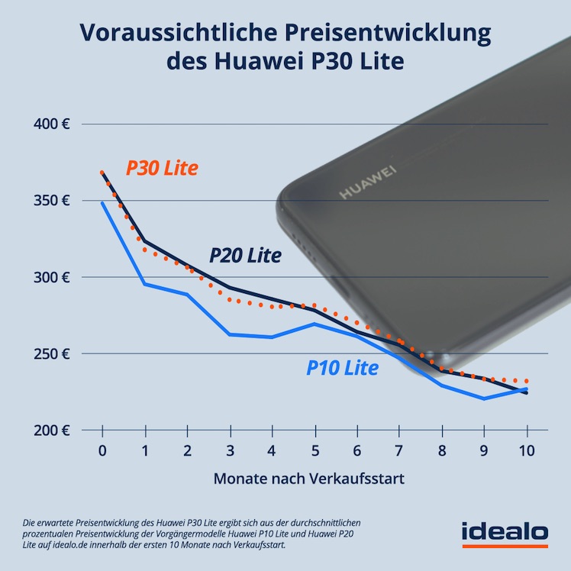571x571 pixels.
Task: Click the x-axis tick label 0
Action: coord(102,450)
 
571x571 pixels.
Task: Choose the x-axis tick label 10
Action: coord(526,450)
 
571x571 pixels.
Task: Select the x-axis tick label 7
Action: coord(399,450)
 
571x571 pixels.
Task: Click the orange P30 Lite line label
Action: coord(162,168)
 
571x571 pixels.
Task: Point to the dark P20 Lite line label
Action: coord(245,255)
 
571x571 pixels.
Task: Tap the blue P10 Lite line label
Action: coord(342,368)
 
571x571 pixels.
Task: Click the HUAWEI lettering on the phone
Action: coord(369,182)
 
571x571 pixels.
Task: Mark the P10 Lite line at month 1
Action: coord(145,284)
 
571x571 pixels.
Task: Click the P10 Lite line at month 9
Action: coord(484,398)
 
